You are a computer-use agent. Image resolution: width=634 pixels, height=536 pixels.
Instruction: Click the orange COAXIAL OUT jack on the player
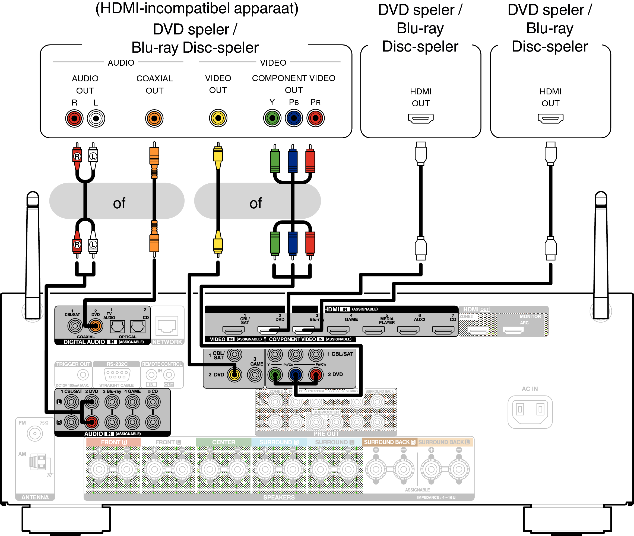coord(154,119)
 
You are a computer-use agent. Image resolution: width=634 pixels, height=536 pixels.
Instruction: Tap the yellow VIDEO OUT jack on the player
coord(218,118)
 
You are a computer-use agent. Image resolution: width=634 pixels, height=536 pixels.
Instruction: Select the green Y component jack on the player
coord(272,118)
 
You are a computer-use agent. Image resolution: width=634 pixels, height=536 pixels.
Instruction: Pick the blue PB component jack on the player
coord(294,118)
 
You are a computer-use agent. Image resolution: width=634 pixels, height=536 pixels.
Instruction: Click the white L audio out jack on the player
coord(96,119)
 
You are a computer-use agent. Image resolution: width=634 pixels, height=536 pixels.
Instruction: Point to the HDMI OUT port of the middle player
coord(420,118)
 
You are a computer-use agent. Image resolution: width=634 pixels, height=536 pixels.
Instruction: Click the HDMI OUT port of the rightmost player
coord(550,118)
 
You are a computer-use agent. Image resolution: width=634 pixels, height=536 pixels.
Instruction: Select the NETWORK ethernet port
coord(167,326)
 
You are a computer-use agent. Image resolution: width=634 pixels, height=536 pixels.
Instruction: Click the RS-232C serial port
coord(117,374)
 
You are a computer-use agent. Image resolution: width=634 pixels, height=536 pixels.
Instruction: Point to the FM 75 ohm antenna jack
coord(35,433)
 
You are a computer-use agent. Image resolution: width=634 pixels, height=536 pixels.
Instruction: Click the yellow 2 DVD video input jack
coord(234,375)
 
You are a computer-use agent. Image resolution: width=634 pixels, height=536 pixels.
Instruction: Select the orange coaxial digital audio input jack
coord(95,326)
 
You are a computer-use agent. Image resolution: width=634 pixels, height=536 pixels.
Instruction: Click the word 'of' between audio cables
coord(119,203)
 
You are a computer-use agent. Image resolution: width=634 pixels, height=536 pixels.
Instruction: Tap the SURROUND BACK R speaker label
coord(389,442)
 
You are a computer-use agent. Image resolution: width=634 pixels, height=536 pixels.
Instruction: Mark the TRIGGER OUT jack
coord(83,375)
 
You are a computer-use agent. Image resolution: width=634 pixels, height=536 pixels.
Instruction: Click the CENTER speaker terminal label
coord(223,442)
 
